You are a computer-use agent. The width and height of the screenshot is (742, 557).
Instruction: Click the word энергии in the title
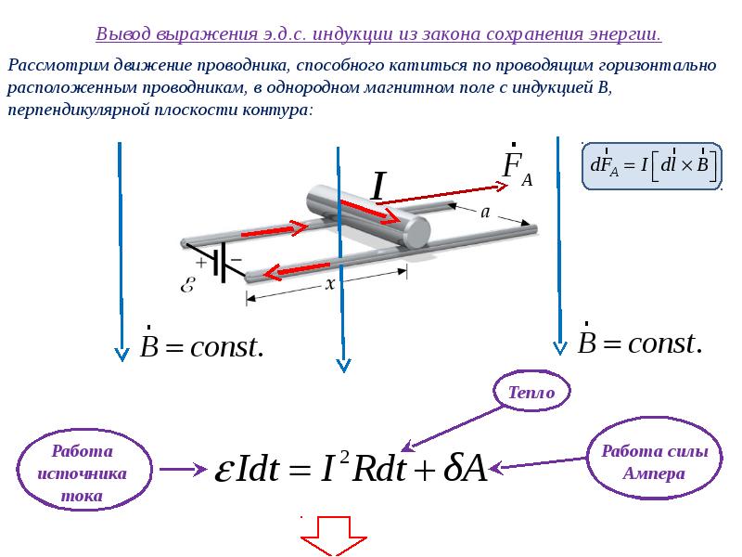pos(624,34)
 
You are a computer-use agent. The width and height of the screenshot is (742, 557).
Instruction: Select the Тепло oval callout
pos(531,391)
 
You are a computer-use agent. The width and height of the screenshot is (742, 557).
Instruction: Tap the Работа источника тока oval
pos(83,470)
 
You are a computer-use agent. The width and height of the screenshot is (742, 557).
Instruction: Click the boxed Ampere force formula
pos(652,165)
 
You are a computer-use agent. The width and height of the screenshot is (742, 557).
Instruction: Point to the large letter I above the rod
pos(378,187)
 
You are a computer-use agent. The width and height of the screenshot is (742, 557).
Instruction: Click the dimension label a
pos(485,213)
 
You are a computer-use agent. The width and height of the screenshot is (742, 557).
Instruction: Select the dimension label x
pos(330,284)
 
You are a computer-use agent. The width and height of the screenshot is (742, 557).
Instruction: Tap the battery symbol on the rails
pos(219,264)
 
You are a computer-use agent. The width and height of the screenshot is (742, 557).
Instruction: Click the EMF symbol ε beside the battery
pos(188,285)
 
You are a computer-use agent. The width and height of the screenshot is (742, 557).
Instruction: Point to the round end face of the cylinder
pos(416,231)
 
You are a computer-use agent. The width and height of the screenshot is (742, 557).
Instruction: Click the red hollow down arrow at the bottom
pos(334,537)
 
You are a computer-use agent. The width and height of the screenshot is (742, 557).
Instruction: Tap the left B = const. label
pos(201,343)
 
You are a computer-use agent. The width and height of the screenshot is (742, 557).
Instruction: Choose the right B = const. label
pos(640,340)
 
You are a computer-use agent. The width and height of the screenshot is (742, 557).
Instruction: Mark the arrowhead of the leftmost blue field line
pos(122,355)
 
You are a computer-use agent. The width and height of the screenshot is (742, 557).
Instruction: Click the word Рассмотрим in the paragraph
pos(58,65)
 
